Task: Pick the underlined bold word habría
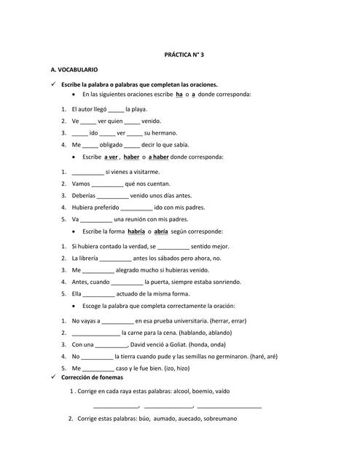[x=136, y=231]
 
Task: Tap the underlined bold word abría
[x=161, y=231]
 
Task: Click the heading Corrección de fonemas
[x=92, y=378]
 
